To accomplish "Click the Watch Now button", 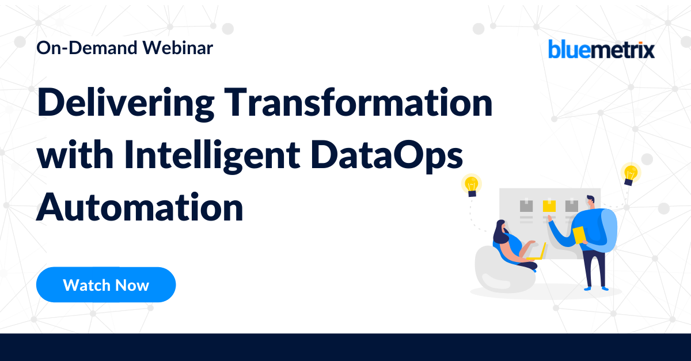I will tap(106, 285).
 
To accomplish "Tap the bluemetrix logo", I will tap(602, 50).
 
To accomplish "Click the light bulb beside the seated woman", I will tap(472, 185).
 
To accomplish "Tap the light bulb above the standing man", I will tap(631, 173).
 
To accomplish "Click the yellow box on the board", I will tap(549, 206).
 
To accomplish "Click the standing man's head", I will tap(590, 203).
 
